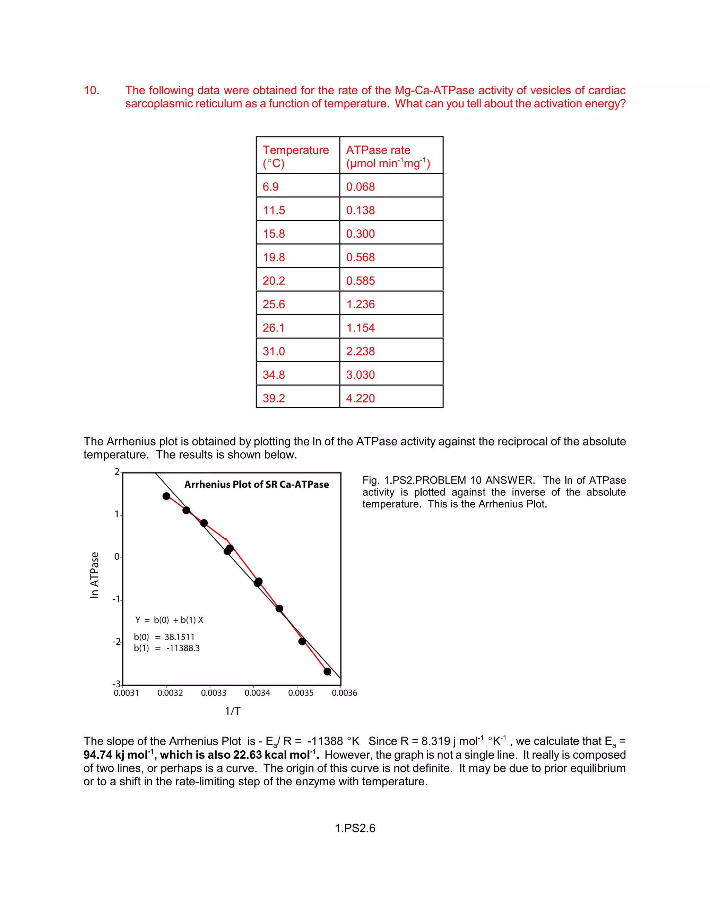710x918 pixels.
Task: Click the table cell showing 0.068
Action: (360, 187)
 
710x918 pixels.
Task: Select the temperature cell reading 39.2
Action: (274, 398)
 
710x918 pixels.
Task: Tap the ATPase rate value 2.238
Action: (360, 351)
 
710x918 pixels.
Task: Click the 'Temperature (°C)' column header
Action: (296, 156)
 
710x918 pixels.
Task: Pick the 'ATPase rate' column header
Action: (378, 150)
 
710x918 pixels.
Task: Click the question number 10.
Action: (91, 90)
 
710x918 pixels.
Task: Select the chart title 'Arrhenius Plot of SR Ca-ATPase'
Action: (257, 484)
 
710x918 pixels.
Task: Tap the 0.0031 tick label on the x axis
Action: (126, 693)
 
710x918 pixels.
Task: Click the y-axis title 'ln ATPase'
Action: (94, 575)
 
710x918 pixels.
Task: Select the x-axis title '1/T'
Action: (233, 711)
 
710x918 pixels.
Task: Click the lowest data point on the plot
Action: (327, 671)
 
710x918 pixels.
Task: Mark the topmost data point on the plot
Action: (166, 496)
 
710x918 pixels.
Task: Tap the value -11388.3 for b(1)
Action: (183, 648)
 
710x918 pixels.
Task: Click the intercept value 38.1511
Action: (179, 637)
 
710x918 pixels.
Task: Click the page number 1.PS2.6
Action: (355, 828)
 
